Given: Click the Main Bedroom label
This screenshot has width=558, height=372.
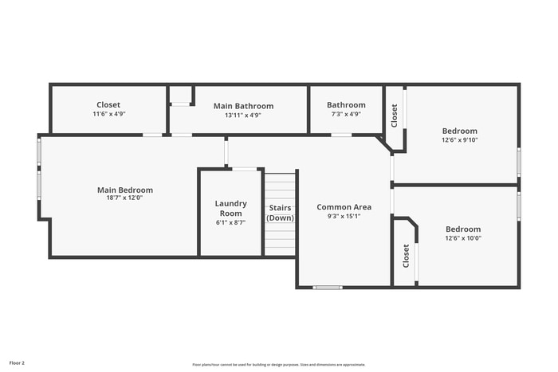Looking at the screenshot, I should tap(125, 190).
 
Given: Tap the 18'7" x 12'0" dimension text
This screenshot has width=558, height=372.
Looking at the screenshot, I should tap(125, 198).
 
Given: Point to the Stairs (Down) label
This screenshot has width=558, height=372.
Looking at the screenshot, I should tap(280, 213).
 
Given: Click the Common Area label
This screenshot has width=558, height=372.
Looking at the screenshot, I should tap(344, 207).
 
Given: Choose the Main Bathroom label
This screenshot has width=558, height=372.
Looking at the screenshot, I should tap(243, 106).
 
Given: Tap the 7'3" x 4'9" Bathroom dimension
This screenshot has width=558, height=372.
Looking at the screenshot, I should tap(346, 115).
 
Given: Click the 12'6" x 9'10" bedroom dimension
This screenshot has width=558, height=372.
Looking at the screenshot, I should tap(460, 140).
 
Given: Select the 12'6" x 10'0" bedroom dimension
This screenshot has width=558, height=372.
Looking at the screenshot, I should tap(462, 238).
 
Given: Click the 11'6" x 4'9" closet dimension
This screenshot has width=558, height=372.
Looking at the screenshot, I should tap(108, 115).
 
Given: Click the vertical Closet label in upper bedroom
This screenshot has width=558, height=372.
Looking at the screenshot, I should tap(395, 116).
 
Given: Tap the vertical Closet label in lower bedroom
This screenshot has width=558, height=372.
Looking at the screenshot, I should tap(406, 256).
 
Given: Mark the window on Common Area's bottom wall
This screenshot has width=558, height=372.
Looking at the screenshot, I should tap(328, 287).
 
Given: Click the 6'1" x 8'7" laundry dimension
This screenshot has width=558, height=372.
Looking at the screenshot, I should tap(231, 223).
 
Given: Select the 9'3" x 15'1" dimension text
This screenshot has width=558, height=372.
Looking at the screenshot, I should tap(344, 216).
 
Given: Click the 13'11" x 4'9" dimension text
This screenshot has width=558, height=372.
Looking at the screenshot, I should tap(243, 115).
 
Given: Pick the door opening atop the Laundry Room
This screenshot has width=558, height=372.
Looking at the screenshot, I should tap(245, 169).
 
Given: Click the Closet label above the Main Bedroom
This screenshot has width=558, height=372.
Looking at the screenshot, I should tap(108, 105).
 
